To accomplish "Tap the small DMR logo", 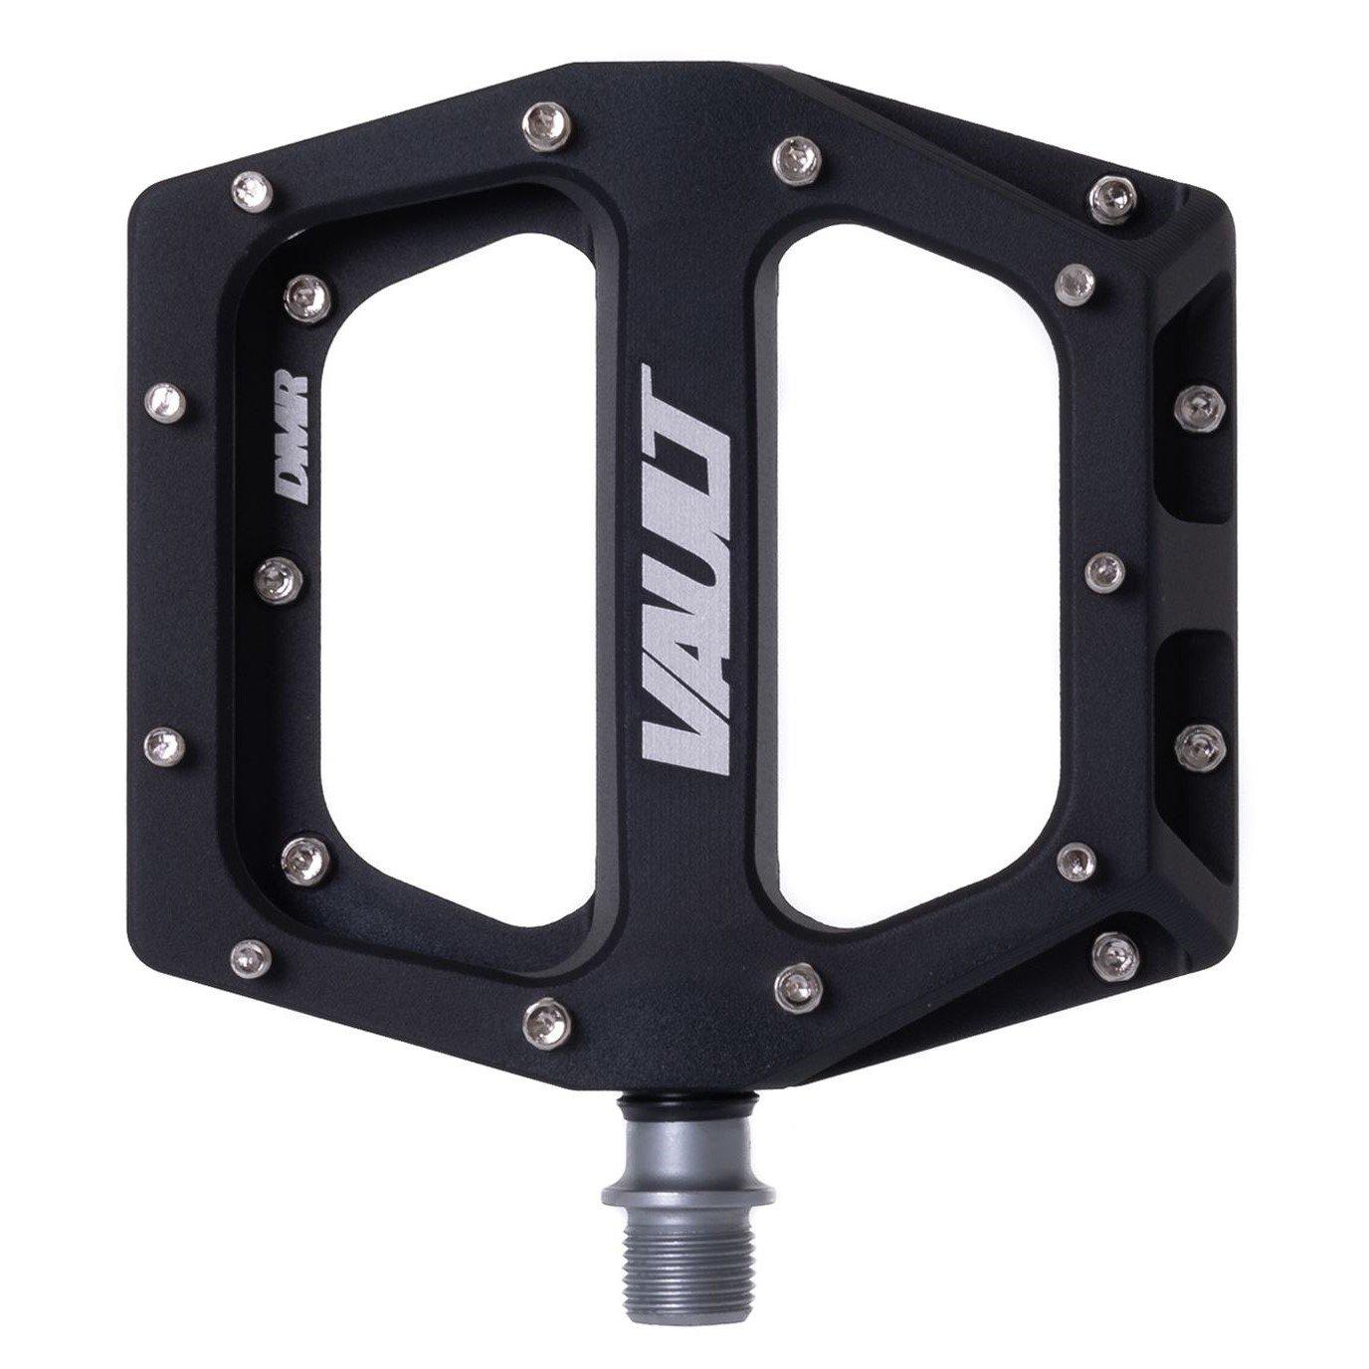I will click(294, 434).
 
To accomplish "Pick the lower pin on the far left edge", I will click(165, 740).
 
